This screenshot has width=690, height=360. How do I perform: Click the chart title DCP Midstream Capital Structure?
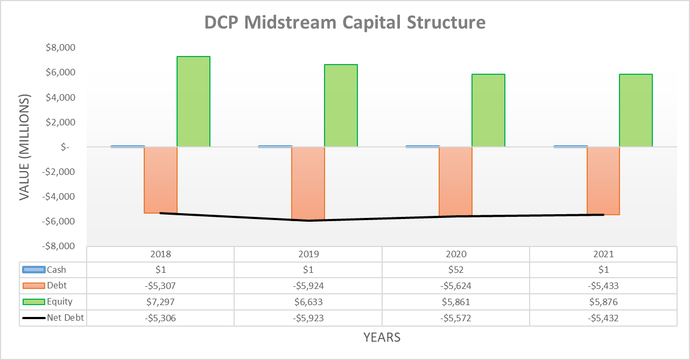345,22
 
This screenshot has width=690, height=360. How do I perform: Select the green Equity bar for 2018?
193,101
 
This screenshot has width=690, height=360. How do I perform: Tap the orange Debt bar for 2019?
308,183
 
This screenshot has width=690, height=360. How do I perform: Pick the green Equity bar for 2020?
488,110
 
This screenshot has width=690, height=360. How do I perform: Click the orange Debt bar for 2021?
603,181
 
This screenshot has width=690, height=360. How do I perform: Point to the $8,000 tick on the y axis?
60,48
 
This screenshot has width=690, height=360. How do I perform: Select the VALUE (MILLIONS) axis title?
25,147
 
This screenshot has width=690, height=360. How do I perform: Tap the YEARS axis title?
382,337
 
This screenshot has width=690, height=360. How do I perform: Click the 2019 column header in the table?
308,254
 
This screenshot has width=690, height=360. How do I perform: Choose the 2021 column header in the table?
603,254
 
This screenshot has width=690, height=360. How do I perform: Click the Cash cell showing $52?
456,270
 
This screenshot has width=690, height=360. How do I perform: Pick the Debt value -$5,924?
308,286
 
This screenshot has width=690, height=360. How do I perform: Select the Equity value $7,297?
160,302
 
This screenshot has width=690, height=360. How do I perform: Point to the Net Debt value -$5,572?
456,318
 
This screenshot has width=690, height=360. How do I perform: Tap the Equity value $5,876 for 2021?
603,302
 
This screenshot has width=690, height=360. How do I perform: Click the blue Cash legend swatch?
33,270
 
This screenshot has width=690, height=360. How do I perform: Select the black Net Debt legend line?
33,318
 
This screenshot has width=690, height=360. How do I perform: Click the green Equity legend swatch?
33,302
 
